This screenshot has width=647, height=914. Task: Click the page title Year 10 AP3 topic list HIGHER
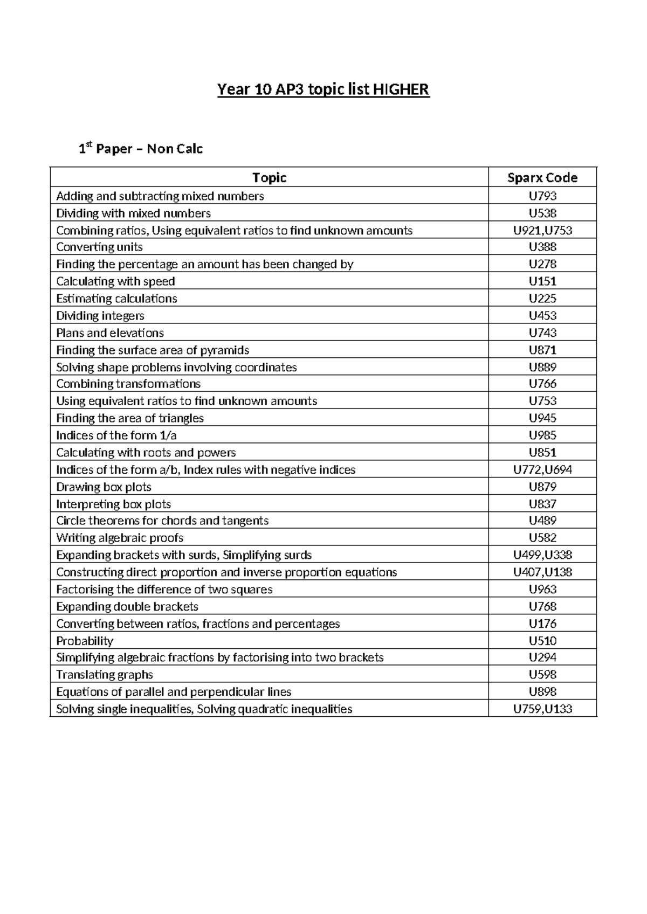[323, 89]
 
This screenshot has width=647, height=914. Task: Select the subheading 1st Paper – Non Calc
[141, 149]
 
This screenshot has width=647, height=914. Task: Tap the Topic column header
[269, 178]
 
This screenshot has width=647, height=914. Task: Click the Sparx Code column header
[542, 178]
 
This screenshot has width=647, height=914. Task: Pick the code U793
[542, 196]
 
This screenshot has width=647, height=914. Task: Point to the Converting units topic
[100, 247]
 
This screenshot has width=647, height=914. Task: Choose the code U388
[542, 247]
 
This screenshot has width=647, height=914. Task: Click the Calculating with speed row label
[115, 281]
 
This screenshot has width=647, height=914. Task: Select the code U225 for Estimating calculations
[542, 299]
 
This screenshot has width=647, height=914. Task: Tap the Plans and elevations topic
[110, 333]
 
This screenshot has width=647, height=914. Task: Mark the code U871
[542, 350]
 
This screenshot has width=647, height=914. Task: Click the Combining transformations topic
[128, 384]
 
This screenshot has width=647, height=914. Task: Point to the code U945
[542, 418]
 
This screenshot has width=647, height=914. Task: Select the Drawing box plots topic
[104, 487]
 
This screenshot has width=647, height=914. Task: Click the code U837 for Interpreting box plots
[542, 504]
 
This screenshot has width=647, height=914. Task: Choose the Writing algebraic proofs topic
[120, 538]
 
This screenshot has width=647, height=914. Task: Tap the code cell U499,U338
[542, 555]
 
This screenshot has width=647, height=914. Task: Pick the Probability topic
[85, 641]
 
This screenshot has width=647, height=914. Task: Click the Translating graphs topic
[105, 675]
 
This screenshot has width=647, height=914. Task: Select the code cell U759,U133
[542, 709]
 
